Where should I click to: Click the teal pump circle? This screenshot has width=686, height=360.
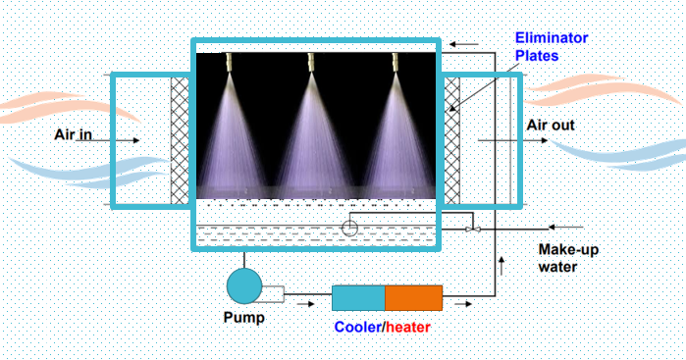[x=244, y=285]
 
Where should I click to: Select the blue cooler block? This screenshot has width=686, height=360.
[x=357, y=298]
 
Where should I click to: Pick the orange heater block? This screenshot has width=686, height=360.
[x=413, y=298]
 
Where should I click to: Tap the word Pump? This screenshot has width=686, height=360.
[x=244, y=319]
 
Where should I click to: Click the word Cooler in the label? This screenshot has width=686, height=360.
[x=357, y=327]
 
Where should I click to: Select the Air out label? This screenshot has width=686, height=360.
[x=551, y=125]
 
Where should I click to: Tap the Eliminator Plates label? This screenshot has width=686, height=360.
[x=552, y=47]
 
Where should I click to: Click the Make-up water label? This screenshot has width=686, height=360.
[x=568, y=257]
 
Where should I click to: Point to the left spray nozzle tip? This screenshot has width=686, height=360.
[x=227, y=65]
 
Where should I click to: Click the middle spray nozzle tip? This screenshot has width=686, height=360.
[x=313, y=65]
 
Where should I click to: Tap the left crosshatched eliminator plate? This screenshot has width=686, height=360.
[x=180, y=140]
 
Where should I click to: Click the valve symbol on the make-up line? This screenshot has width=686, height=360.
[x=473, y=229]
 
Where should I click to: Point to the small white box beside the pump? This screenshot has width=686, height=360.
[x=273, y=293]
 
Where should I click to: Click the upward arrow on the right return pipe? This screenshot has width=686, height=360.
[x=501, y=262]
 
